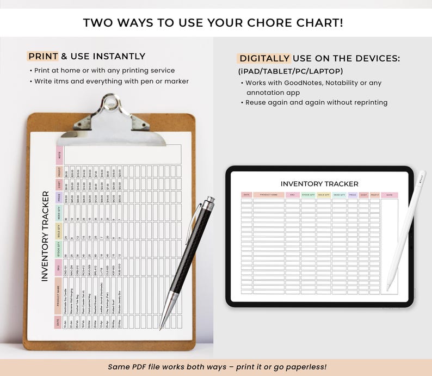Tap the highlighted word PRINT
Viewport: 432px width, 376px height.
[x=43, y=56]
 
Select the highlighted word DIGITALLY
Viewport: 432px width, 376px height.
[x=264, y=58]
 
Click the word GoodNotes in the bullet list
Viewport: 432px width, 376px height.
[x=296, y=83]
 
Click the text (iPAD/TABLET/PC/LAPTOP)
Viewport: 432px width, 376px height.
[x=291, y=71]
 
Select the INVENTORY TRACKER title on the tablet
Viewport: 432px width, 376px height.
[x=319, y=184]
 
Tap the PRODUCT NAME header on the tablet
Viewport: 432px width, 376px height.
[x=269, y=195]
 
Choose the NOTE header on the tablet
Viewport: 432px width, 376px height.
[x=389, y=195]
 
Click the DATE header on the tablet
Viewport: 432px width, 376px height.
[x=246, y=195]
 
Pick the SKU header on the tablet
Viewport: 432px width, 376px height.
[x=292, y=195]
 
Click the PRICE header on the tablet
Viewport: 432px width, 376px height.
[x=353, y=195]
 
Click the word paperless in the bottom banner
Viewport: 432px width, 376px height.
[x=300, y=367]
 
